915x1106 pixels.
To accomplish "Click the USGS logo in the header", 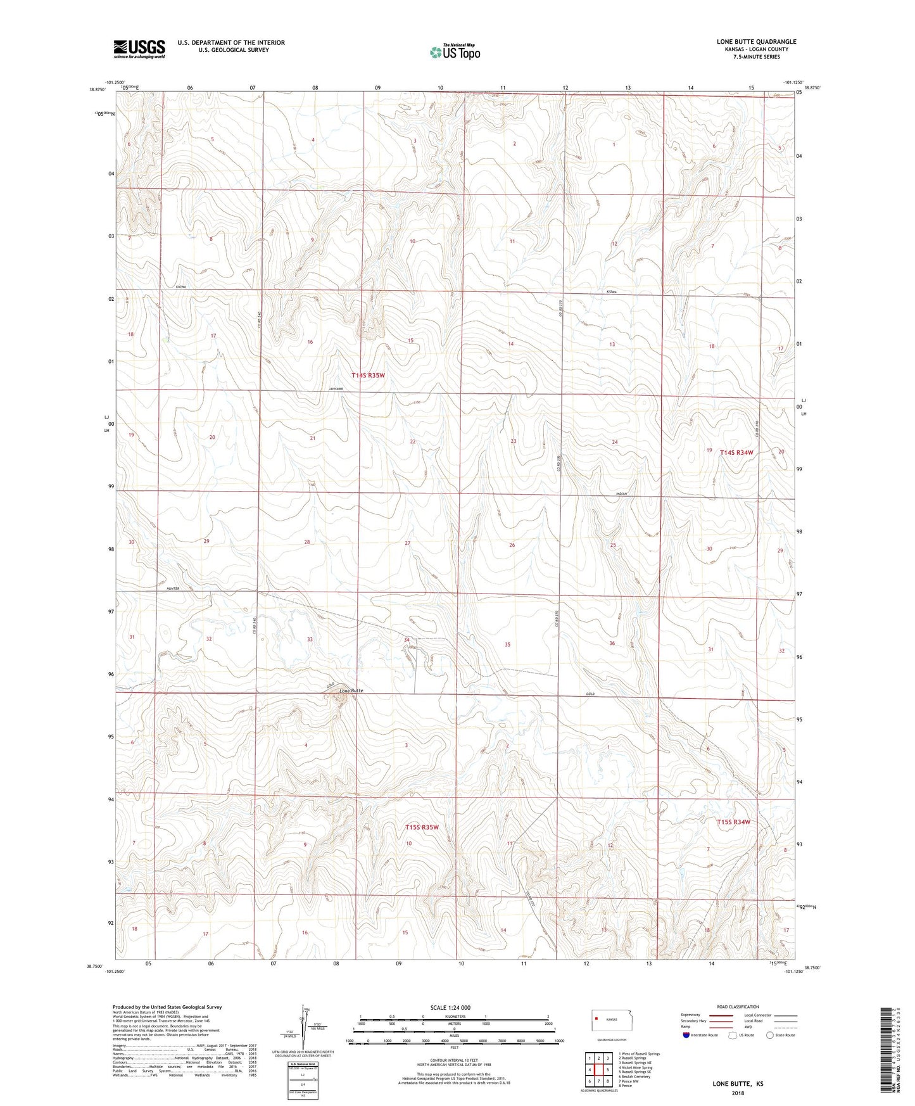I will [139, 49].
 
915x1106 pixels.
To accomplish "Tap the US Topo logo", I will [454, 53].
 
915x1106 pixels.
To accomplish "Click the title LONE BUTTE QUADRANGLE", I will [756, 42].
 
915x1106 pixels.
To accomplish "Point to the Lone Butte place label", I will [351, 690].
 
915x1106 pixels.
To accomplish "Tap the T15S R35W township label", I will [422, 827].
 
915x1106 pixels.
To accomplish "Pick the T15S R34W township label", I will [733, 822].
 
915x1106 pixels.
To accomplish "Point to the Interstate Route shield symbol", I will [687, 1036].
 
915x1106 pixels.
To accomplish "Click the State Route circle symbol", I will [769, 1036].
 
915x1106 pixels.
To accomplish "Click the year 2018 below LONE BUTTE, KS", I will [738, 1093].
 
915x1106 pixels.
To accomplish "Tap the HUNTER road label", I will [173, 588].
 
